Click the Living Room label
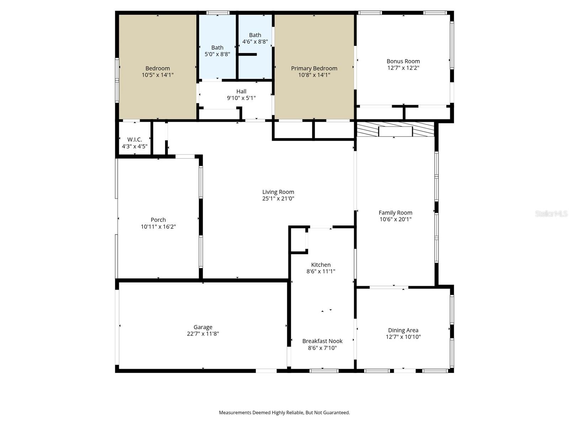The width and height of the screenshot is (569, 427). tap(278, 192)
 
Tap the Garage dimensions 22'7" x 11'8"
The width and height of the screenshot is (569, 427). tap(203, 334)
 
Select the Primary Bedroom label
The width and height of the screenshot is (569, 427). tap(314, 68)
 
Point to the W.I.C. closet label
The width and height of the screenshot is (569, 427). tap(134, 139)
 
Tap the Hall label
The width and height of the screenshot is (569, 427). tap(241, 91)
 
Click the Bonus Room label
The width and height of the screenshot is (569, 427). tap(403, 61)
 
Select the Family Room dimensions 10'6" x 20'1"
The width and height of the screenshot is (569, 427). tap(395, 219)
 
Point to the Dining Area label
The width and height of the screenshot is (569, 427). tap(403, 330)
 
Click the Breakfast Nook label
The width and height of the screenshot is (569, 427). tap(322, 341)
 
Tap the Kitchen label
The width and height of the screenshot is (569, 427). tap(321, 265)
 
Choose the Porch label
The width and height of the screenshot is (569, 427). tap(158, 220)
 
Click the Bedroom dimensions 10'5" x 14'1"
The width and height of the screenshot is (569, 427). tap(158, 75)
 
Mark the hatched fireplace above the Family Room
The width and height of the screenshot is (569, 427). tap(395, 129)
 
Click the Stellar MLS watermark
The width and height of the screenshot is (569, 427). tap(551, 213)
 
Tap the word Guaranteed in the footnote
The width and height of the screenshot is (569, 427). tap(336, 413)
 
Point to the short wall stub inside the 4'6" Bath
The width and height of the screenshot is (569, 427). tap(248, 54)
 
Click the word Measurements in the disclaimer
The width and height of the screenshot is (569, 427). tap(235, 413)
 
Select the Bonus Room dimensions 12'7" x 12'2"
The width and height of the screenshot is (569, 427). tap(403, 68)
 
